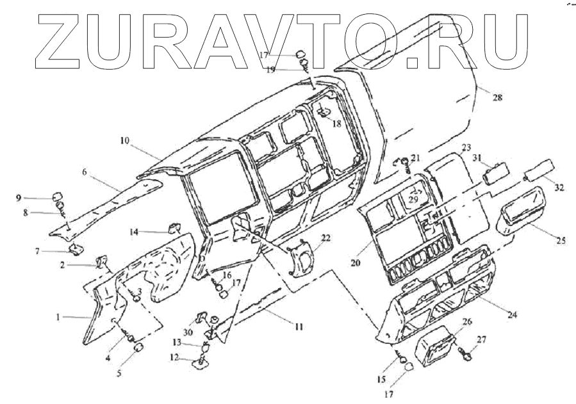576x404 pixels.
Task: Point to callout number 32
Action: (x=559, y=188)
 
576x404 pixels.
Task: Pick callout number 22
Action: (x=326, y=238)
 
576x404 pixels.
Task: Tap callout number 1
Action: (x=58, y=316)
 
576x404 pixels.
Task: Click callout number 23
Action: (x=466, y=147)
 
